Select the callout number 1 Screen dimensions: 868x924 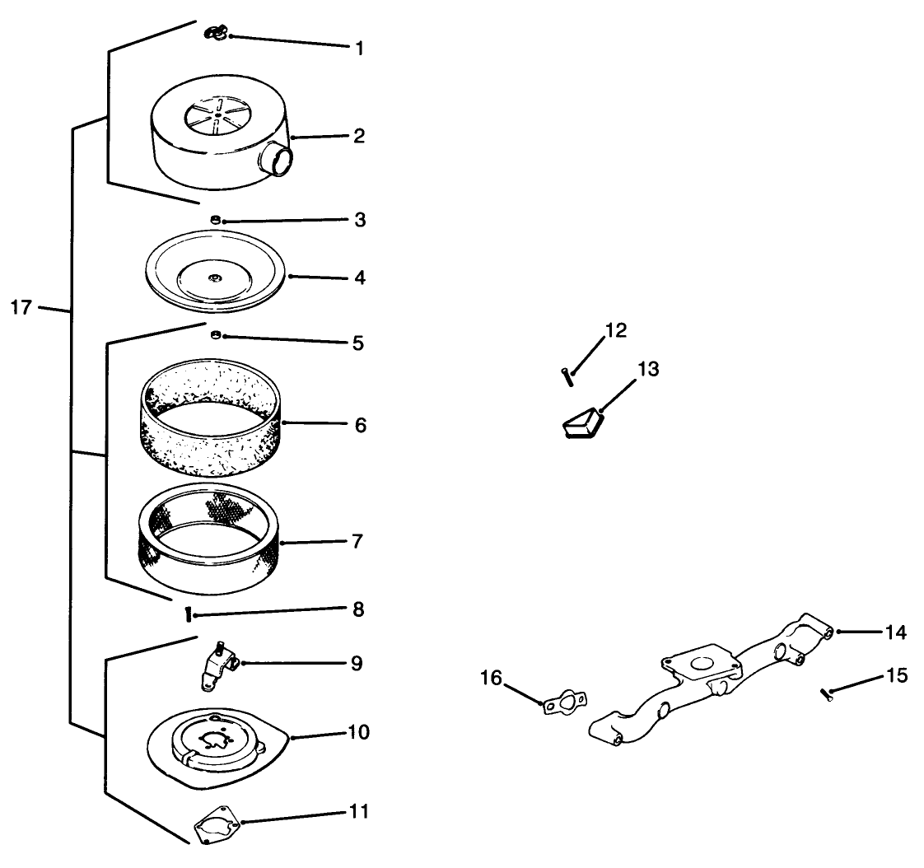coord(359,48)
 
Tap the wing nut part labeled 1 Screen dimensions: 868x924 coord(216,34)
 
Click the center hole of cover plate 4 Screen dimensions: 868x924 coord(213,277)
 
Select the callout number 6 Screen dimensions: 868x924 coord(359,426)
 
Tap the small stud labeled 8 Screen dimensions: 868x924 coord(190,614)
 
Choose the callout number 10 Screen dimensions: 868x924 coord(359,732)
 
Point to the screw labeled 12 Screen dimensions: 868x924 coord(566,376)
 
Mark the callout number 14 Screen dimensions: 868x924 coord(896,632)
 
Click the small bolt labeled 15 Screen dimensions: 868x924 coord(827,693)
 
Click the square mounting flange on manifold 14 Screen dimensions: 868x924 coord(698,665)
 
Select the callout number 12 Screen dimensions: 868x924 coord(615,331)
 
